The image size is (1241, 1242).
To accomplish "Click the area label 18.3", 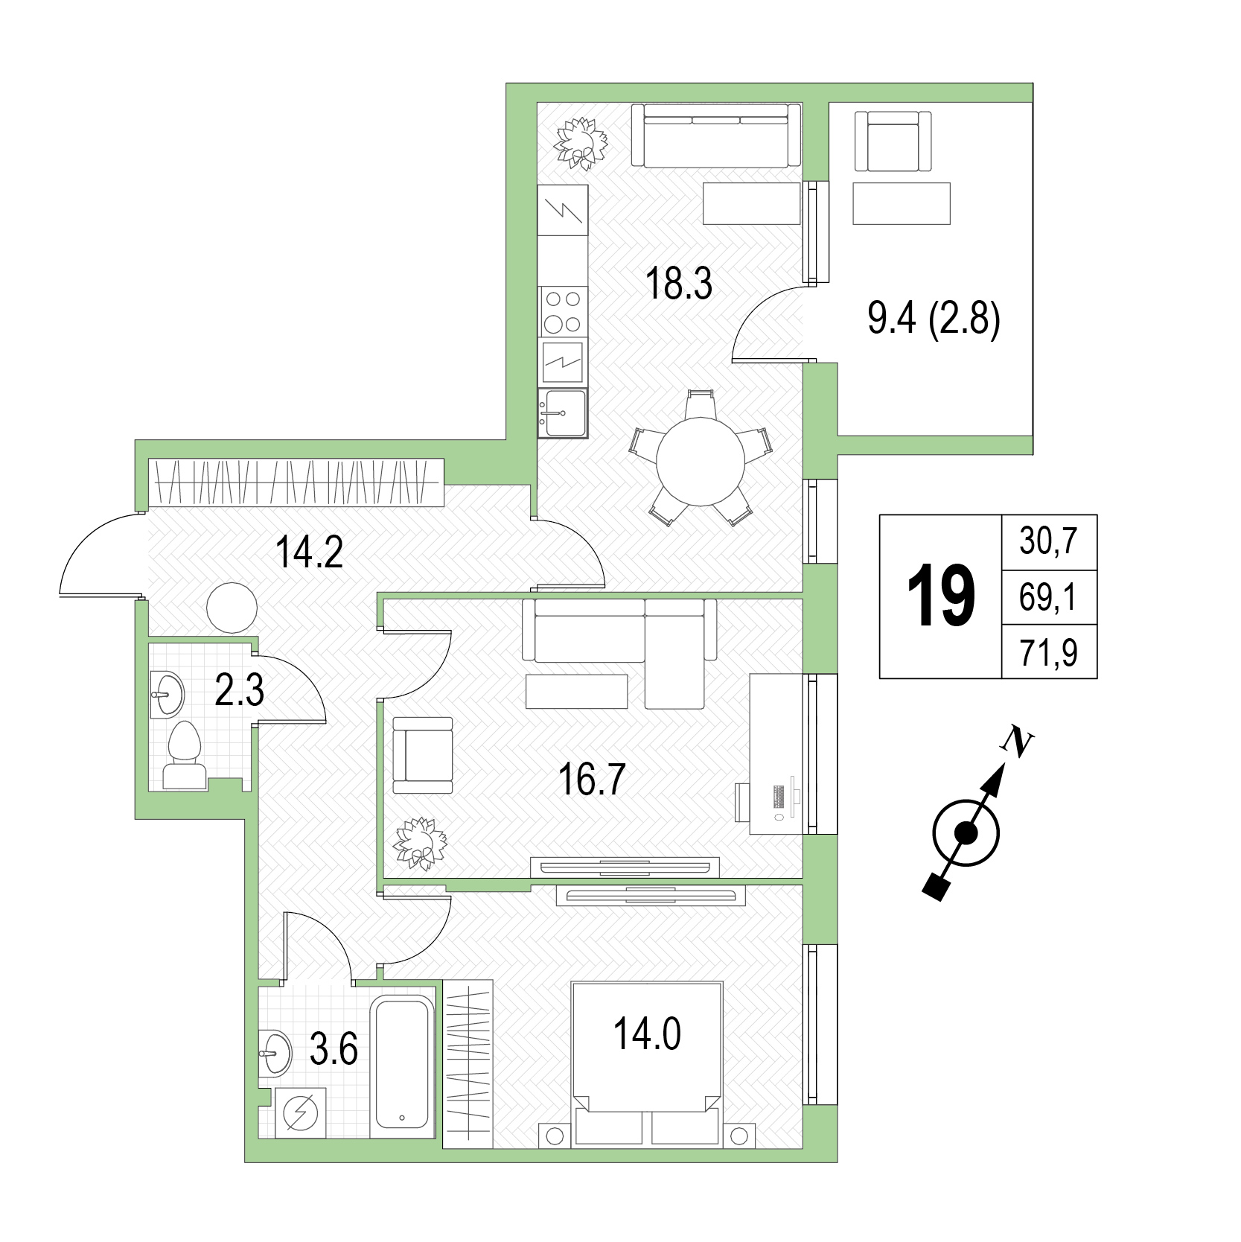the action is [x=679, y=284].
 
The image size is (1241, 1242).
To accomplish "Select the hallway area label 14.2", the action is [x=309, y=552].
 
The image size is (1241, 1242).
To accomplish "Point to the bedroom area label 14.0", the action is [x=647, y=1034].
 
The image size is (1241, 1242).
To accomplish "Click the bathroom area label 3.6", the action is [x=334, y=1050].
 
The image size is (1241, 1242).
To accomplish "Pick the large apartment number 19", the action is [x=940, y=596].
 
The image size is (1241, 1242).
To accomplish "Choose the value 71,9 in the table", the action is [x=1048, y=654].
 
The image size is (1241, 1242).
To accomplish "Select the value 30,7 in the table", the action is [x=1048, y=541].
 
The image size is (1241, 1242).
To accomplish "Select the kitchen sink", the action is [x=562, y=413].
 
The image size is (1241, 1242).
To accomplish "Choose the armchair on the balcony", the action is [x=893, y=141].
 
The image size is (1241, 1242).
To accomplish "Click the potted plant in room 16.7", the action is [x=421, y=844].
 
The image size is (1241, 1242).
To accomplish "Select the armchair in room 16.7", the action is [x=422, y=756].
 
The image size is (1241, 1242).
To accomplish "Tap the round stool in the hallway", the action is [x=232, y=608].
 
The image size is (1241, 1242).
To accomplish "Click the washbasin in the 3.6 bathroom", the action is [x=275, y=1053].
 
